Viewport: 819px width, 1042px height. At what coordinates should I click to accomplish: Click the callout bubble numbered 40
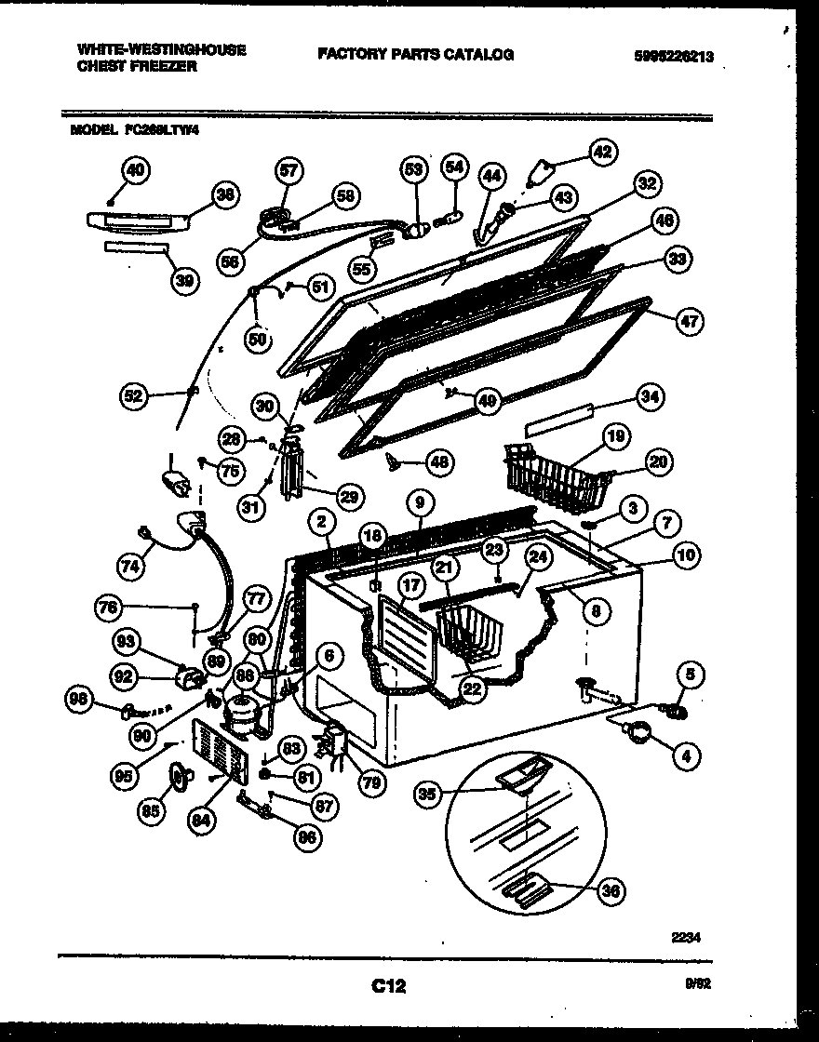pyautogui.click(x=135, y=169)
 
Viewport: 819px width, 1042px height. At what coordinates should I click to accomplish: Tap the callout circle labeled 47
pyautogui.click(x=690, y=322)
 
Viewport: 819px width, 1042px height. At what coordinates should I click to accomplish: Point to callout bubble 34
pyautogui.click(x=649, y=397)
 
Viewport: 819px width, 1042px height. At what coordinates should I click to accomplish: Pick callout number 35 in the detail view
pyautogui.click(x=428, y=794)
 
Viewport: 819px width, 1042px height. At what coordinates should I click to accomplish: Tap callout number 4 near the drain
pyautogui.click(x=685, y=756)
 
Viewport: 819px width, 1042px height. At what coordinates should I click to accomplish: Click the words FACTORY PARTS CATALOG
pyautogui.click(x=415, y=55)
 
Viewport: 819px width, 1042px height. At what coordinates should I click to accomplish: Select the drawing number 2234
pyautogui.click(x=683, y=939)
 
